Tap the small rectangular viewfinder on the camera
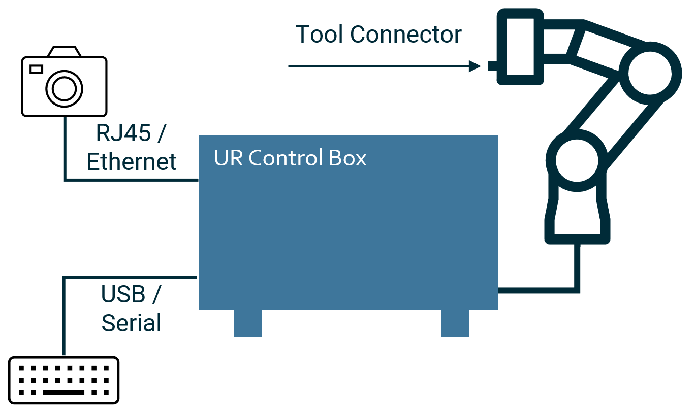pos(36,69)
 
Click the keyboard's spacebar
pos(64,392)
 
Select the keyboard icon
pos(64,381)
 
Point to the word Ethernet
pos(132,162)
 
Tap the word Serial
pos(132,323)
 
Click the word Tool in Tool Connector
pos(320,35)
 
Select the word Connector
pos(406,35)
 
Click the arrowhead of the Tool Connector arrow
pos(475,66)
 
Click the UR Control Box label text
pos(290,158)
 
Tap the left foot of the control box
pos(248,323)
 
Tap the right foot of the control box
pos(455,323)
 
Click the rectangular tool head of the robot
pos(520,47)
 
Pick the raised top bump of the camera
pos(64,52)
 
